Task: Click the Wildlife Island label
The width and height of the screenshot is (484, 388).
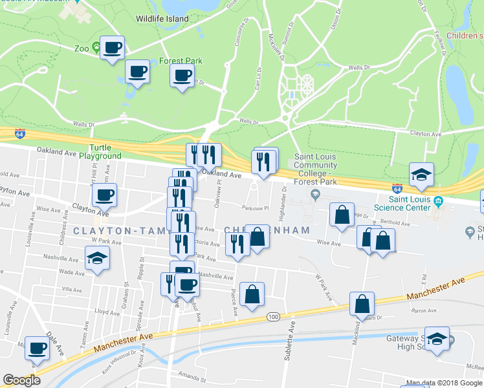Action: (162, 19)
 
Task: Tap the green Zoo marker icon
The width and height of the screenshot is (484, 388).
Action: (96, 47)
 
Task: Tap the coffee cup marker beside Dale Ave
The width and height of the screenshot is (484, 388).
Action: (36, 349)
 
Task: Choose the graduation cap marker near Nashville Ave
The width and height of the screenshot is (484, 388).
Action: (98, 259)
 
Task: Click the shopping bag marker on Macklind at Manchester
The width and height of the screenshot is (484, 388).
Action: (362, 303)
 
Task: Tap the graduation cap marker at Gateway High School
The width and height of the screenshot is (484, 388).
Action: (438, 341)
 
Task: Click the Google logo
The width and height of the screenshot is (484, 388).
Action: (21, 380)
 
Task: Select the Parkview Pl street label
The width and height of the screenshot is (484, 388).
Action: (256, 208)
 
